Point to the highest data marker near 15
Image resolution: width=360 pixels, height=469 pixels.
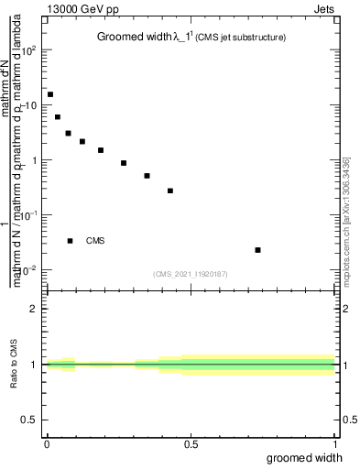(50, 94)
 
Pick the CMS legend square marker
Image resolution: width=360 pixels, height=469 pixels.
(71, 241)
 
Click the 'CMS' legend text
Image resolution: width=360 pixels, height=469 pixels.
(95, 241)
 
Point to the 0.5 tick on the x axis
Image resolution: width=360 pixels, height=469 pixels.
(191, 444)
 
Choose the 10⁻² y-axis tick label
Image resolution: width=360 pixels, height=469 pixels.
(29, 269)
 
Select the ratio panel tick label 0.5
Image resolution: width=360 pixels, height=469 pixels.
(29, 420)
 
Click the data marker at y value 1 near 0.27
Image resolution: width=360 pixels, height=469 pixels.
(124, 163)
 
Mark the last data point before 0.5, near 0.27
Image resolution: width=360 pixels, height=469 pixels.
(170, 191)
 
